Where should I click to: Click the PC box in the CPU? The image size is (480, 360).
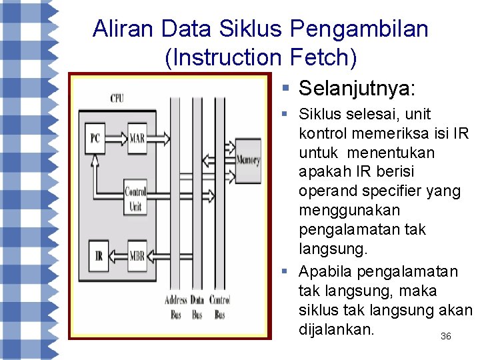(x=96, y=139)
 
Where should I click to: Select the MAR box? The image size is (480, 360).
(x=137, y=139)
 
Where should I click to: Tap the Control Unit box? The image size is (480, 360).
(x=135, y=199)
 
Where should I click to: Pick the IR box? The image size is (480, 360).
(x=98, y=256)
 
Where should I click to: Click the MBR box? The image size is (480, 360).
(x=137, y=256)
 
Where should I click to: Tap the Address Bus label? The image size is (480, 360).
(x=175, y=307)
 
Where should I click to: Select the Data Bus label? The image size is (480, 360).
(x=197, y=307)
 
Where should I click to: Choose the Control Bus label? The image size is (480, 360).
(x=220, y=307)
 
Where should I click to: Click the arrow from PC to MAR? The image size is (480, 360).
(x=116, y=139)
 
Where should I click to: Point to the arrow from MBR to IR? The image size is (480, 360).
(x=116, y=256)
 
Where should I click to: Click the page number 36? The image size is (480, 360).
(x=446, y=337)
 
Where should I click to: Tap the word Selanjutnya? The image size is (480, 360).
(x=357, y=89)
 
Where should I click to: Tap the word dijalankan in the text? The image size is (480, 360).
(x=337, y=329)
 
